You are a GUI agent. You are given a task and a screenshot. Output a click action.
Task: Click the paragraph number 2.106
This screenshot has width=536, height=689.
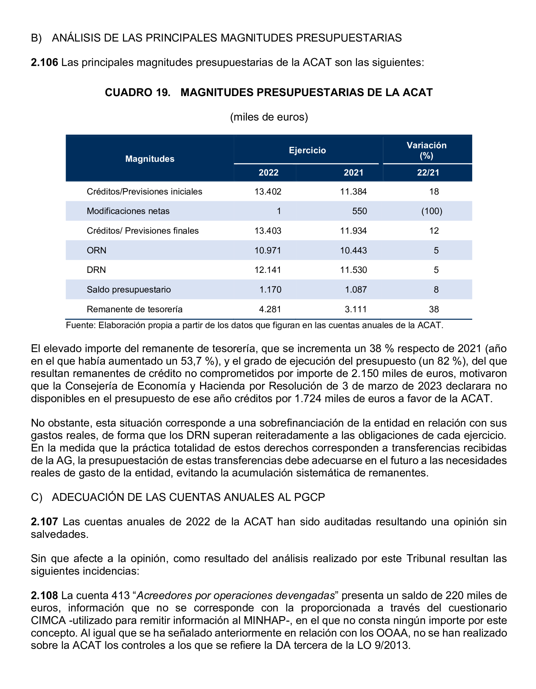coord(44,63)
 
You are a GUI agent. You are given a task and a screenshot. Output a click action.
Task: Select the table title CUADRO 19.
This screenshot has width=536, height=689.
coord(137,93)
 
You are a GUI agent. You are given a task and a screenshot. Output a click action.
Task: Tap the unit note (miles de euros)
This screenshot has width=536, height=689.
coord(269,117)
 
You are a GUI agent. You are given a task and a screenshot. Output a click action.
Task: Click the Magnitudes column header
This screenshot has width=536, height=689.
coord(150,159)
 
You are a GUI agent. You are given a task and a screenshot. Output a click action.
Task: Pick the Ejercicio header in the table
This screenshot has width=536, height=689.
coord(307,150)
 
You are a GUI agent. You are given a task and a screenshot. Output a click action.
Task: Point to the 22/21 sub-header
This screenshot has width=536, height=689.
coord(428,173)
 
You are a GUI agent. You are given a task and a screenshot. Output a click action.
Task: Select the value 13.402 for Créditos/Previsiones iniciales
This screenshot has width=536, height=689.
coord(268,191)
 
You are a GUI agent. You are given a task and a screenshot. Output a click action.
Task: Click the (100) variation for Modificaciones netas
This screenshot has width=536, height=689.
coord(432,211)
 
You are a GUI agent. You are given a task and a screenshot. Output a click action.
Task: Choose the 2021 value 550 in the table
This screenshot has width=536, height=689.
coord(360,211)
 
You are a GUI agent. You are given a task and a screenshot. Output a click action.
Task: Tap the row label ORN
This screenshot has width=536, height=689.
coord(97,250)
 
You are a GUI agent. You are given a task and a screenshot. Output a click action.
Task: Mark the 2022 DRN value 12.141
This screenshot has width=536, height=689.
coord(268,270)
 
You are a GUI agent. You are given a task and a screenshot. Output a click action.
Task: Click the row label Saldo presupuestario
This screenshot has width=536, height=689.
coord(129,290)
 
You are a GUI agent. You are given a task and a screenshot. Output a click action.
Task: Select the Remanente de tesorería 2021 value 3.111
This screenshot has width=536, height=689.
coord(356,309)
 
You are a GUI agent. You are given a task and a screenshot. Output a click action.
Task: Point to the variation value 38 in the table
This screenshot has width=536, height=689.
coord(434,309)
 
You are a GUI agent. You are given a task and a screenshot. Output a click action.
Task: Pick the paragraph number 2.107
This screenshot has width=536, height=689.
coord(44,522)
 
